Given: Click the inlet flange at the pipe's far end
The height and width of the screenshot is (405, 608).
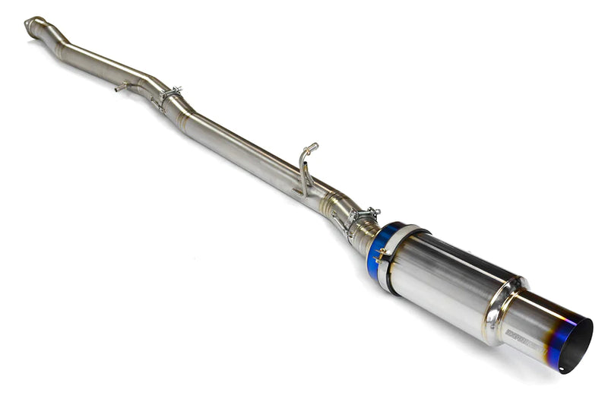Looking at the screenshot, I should coord(33,25).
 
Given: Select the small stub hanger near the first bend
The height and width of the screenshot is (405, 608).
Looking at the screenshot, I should coord(122,88).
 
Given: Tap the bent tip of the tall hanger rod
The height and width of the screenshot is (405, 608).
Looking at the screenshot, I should coord(312,146).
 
